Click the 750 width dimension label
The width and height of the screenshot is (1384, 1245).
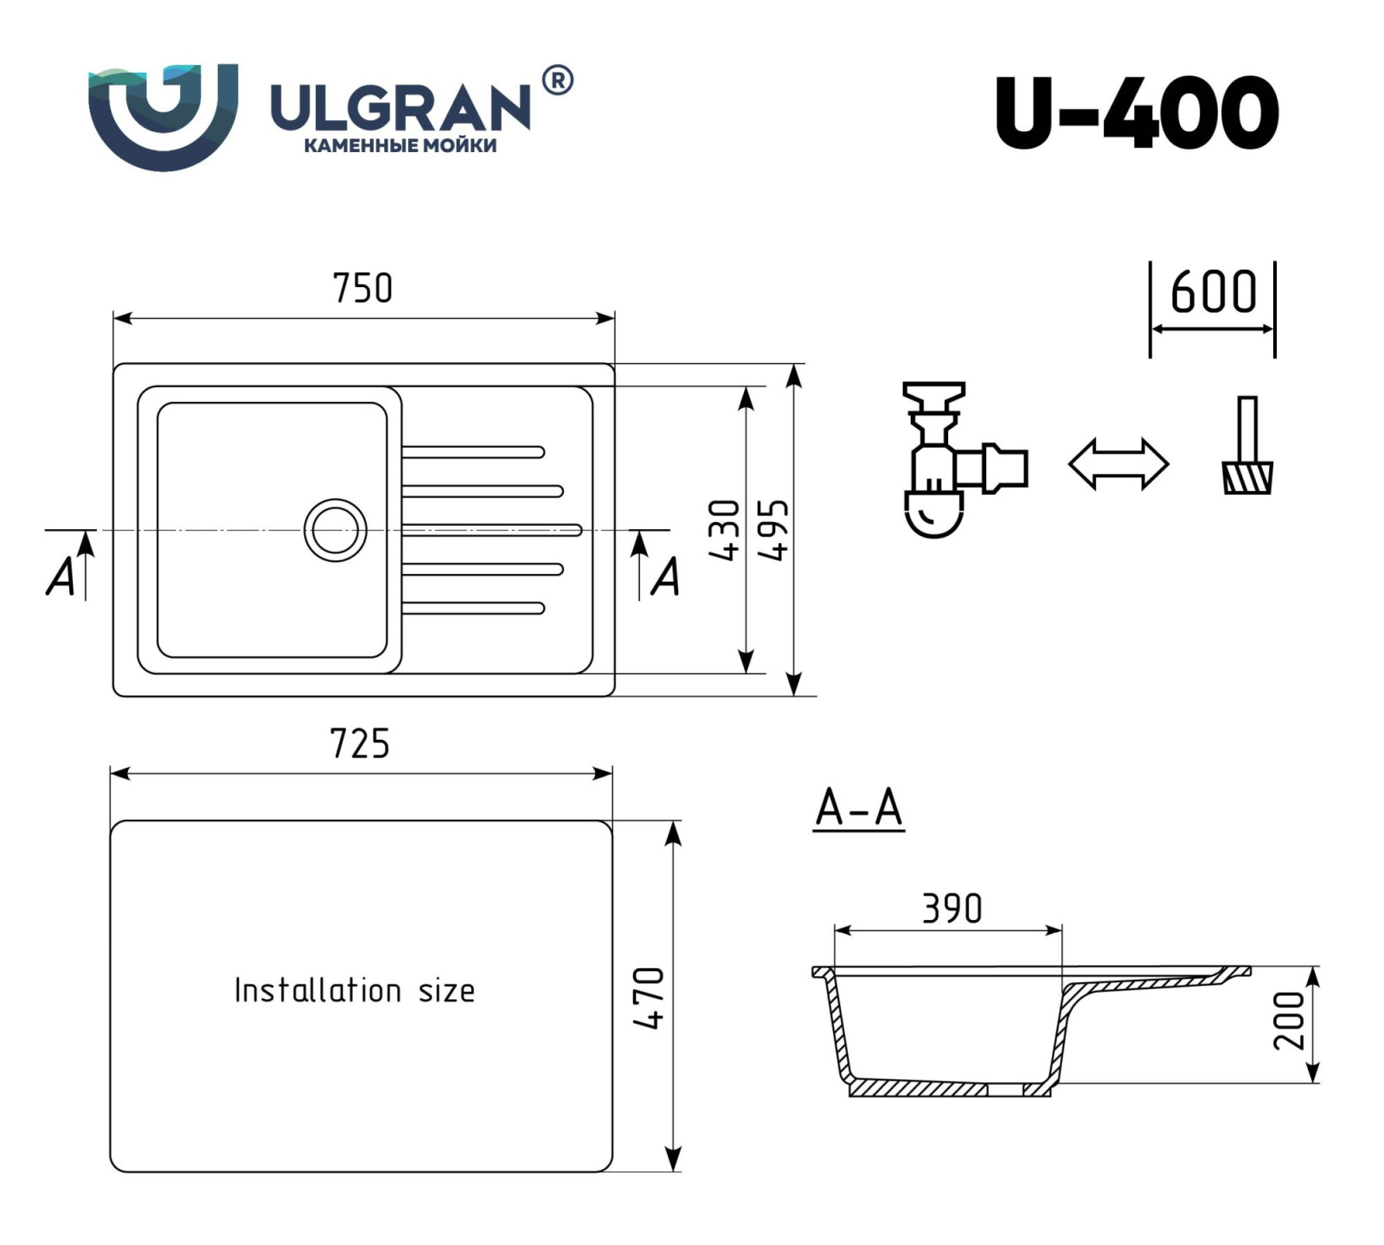[362, 288]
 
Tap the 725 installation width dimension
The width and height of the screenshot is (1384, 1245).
[360, 744]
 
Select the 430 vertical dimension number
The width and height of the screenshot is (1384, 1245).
[726, 529]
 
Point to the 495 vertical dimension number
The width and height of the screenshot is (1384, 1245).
[773, 529]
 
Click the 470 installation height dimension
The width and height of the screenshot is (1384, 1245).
[649, 998]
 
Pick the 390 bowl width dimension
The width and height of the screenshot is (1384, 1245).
[952, 909]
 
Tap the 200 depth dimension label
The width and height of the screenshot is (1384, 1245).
[1289, 1021]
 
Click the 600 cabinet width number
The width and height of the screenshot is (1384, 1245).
[1214, 291]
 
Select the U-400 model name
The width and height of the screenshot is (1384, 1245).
[1137, 112]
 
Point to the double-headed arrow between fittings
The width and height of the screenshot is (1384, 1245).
[1118, 464]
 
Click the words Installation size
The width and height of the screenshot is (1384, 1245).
[355, 990]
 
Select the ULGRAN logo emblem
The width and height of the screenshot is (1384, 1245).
[163, 117]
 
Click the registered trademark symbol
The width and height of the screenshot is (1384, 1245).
[557, 80]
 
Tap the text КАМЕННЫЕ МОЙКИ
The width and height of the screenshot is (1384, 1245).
[400, 146]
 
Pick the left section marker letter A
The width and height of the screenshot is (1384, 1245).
[61, 578]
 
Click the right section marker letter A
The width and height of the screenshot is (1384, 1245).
[664, 578]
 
